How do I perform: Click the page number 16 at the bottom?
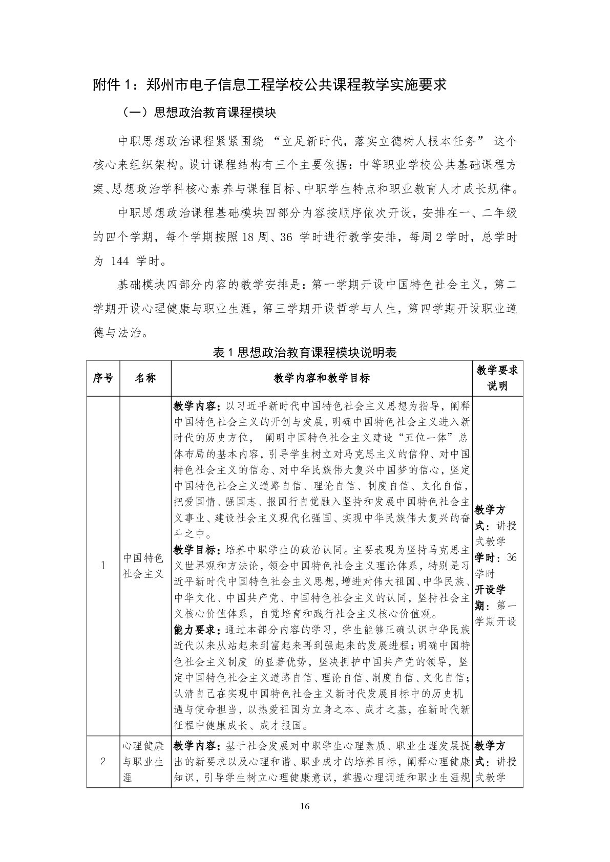(305, 807)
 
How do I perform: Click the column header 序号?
(103, 378)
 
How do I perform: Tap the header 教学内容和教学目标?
(321, 378)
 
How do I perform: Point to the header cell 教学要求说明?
(497, 378)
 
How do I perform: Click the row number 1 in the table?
(103, 566)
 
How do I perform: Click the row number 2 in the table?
(103, 761)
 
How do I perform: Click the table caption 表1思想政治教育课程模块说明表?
(305, 352)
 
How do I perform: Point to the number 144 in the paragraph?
(119, 262)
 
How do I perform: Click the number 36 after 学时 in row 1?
(511, 557)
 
